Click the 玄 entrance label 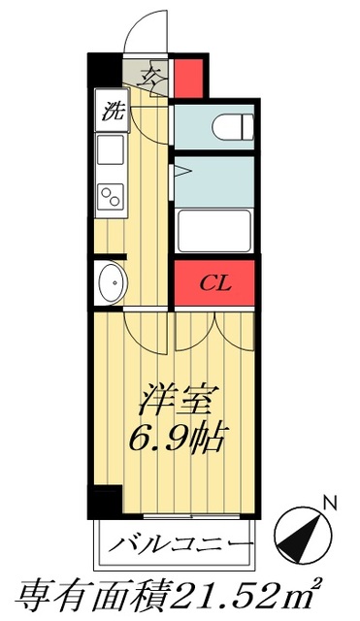[150, 75]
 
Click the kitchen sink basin [110, 150]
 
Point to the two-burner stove [110, 195]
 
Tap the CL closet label [215, 284]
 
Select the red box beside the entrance [189, 77]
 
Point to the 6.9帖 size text [178, 439]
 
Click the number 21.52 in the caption [227, 591]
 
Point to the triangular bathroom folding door [179, 172]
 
